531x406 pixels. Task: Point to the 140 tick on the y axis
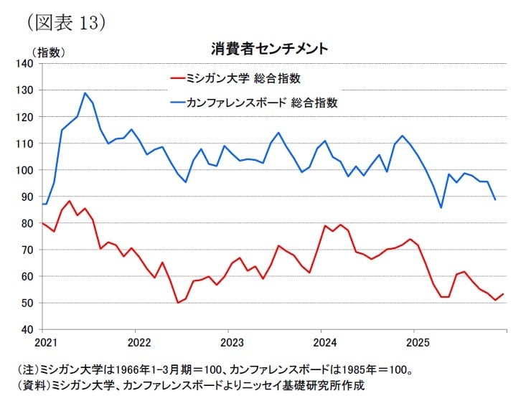[26, 64]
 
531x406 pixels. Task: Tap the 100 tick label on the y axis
[26, 170]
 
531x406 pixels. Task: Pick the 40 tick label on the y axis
[29, 329]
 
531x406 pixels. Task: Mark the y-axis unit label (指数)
[49, 52]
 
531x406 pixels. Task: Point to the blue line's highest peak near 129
[85, 93]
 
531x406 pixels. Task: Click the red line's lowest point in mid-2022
[178, 303]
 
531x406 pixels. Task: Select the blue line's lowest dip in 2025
[441, 207]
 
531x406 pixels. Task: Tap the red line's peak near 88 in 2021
[69, 201]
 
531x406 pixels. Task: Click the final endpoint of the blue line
[495, 199]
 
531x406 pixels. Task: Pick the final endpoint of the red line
[503, 294]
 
